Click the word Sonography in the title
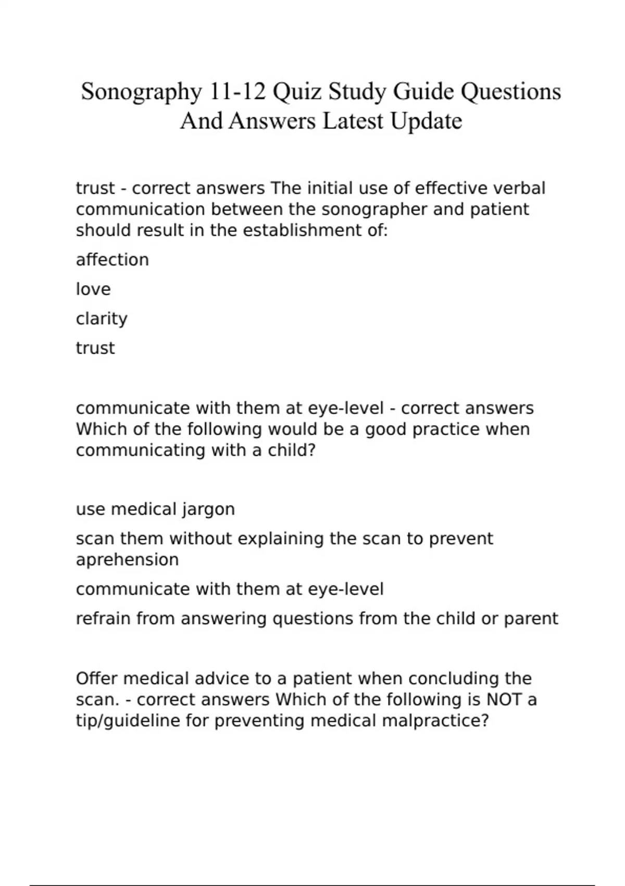coord(141,92)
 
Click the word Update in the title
coord(426,122)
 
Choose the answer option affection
coord(113,260)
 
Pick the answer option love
coord(93,289)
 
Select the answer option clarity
coord(102,318)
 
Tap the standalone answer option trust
coord(95,348)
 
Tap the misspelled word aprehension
coord(127,560)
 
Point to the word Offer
coord(96,679)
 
